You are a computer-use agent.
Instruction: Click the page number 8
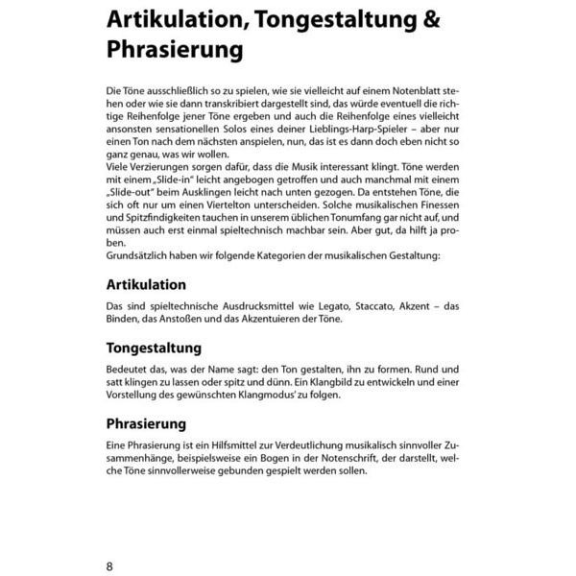click(x=110, y=565)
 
